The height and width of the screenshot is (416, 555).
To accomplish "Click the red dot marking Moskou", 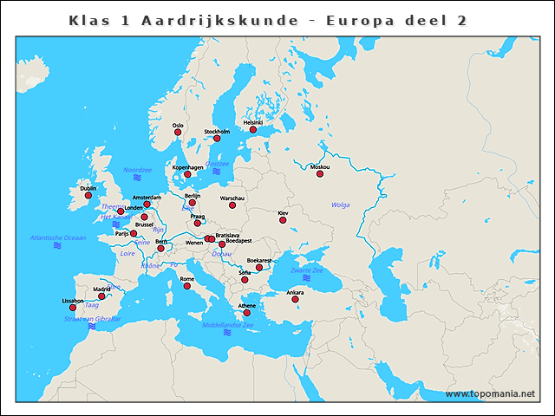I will click(x=319, y=174).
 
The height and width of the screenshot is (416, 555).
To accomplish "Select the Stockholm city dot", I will click(x=217, y=139).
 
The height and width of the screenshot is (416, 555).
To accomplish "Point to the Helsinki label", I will click(x=252, y=123).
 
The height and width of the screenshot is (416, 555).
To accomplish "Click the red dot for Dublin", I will click(x=88, y=196).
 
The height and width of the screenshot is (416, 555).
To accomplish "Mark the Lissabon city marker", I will click(x=73, y=308).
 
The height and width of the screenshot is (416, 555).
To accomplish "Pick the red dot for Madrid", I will click(x=101, y=296).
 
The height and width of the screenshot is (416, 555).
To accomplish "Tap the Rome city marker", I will click(x=186, y=286).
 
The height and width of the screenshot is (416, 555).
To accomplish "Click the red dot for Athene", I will click(x=246, y=313).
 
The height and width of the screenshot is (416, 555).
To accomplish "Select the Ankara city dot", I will click(x=295, y=300).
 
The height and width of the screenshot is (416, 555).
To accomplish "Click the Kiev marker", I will click(x=283, y=220).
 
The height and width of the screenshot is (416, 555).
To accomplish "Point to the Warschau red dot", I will click(x=232, y=205).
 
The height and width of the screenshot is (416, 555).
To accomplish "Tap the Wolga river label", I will click(x=341, y=205).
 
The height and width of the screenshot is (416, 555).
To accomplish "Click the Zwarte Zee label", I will click(x=306, y=270).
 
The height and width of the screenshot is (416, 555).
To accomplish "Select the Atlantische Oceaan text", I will click(x=58, y=237).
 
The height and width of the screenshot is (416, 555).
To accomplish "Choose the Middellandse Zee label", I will click(x=227, y=325).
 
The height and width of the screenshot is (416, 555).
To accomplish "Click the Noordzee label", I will click(x=137, y=170).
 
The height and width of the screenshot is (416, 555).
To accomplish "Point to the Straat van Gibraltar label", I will click(x=92, y=319).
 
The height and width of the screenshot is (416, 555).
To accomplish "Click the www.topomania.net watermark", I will click(x=490, y=394).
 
